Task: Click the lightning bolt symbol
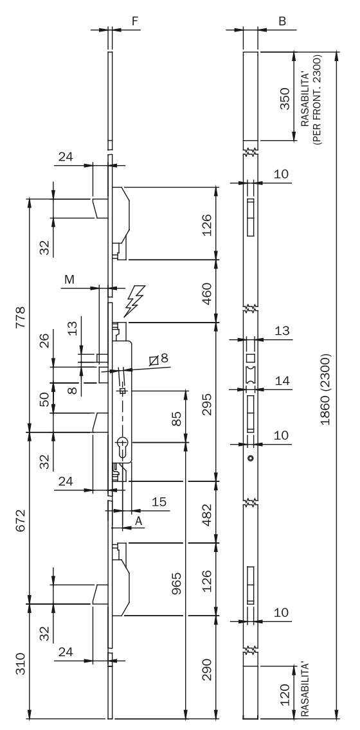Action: [134, 301]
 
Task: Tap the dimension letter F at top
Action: [135, 21]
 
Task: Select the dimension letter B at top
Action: [282, 21]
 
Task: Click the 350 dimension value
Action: [285, 99]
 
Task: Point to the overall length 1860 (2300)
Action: [325, 389]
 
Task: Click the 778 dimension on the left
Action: [21, 317]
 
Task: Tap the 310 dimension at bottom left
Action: [21, 663]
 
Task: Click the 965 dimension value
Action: [177, 583]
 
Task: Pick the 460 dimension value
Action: [206, 293]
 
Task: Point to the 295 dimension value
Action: [206, 404]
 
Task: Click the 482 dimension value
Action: [206, 515]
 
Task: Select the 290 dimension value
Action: [206, 670]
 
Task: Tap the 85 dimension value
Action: [177, 418]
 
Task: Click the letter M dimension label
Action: [69, 280]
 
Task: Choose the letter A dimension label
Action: [138, 522]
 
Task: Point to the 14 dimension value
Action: [282, 381]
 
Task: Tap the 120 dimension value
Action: [285, 695]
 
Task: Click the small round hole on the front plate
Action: [251, 459]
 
